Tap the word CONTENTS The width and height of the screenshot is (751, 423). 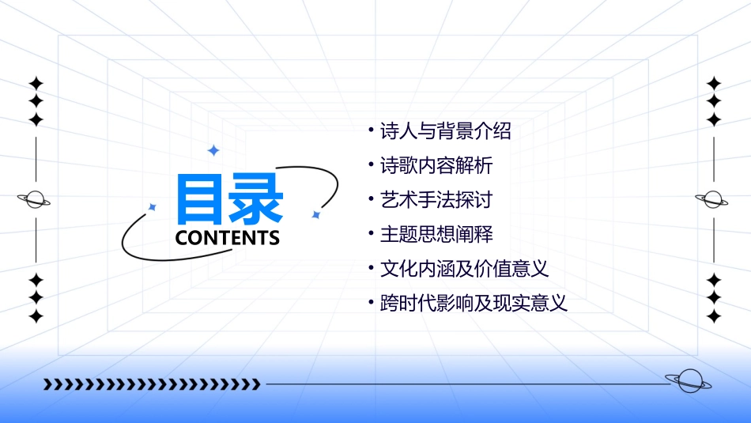[x=228, y=237]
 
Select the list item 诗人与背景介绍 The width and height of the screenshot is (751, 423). [x=446, y=131]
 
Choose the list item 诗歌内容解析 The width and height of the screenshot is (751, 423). [x=436, y=165]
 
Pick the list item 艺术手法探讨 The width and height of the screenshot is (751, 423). [x=436, y=200]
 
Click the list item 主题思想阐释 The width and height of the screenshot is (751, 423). [x=436, y=234]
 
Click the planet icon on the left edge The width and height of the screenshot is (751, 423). [x=35, y=200]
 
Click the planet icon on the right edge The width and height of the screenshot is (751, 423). [x=713, y=200]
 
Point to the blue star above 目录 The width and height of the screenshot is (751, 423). [x=213, y=150]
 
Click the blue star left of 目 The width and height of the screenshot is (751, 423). [x=153, y=207]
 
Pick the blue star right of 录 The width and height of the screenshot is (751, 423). [x=315, y=215]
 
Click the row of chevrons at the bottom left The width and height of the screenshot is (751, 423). [x=152, y=384]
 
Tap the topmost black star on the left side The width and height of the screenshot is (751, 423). [x=36, y=83]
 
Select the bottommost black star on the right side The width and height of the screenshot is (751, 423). [x=714, y=316]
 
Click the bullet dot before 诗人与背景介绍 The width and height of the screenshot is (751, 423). [x=372, y=128]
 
